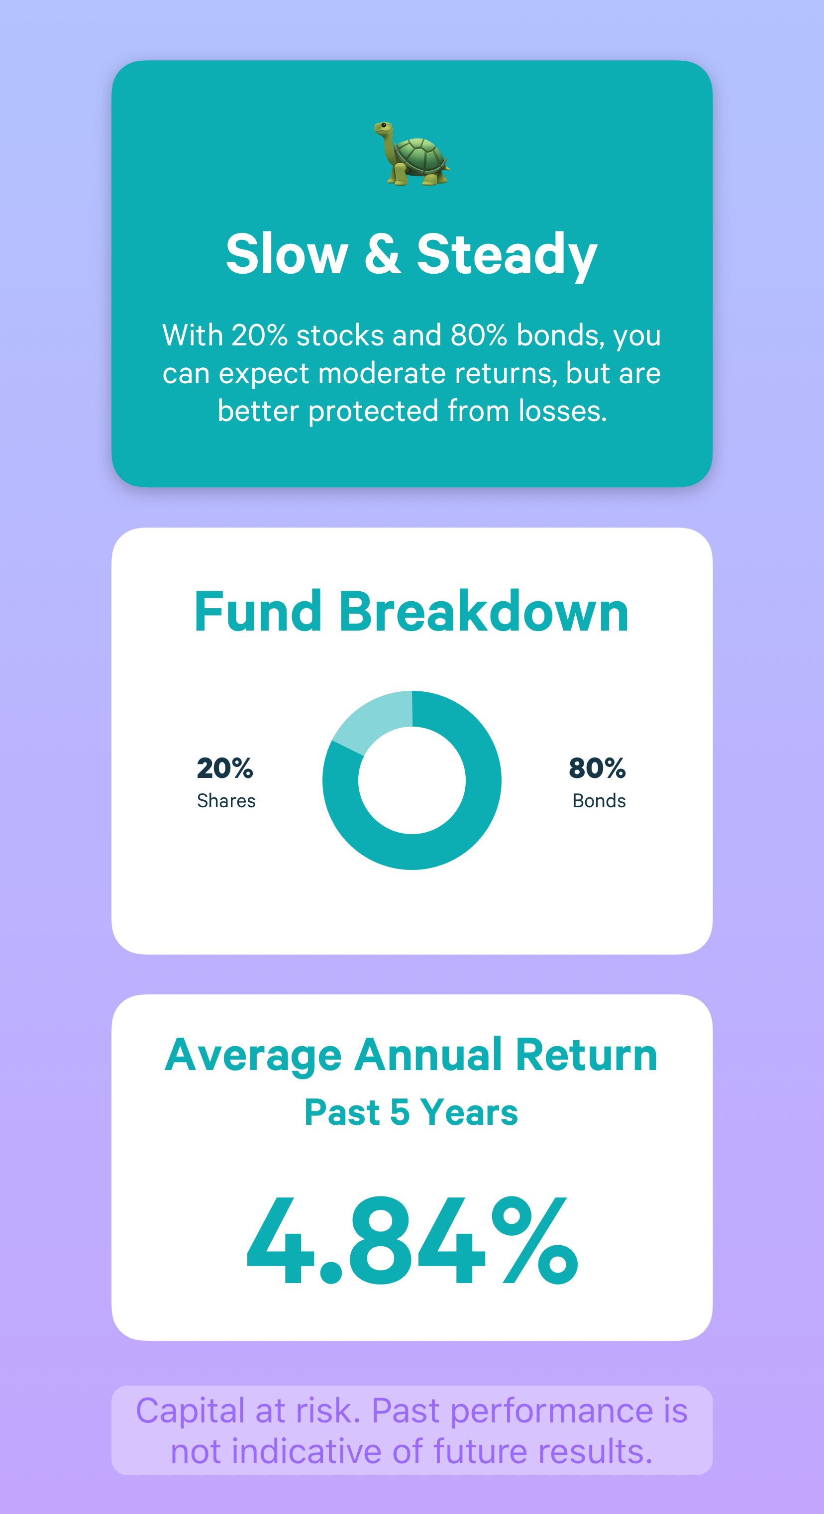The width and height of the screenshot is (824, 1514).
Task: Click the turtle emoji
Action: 412,153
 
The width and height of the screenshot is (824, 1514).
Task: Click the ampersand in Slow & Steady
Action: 383,253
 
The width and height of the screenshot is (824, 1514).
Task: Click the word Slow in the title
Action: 287,253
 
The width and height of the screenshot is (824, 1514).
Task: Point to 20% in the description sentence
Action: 259,335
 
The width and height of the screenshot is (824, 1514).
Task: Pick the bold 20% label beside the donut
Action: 225,768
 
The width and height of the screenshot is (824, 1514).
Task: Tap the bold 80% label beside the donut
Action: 597,768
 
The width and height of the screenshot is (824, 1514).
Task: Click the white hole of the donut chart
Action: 412,780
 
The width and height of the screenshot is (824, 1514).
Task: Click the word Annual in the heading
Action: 427,1055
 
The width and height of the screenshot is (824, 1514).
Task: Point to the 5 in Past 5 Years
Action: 400,1112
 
